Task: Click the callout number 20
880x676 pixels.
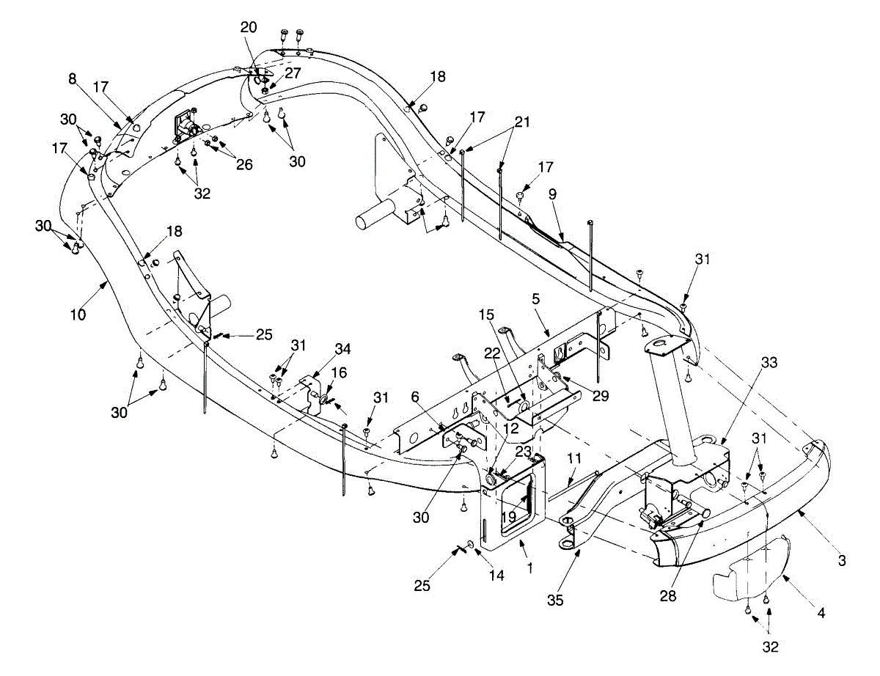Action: (249, 27)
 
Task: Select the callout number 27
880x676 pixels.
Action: (293, 73)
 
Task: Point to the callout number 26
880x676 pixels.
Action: (243, 165)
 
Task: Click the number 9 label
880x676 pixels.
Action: (551, 195)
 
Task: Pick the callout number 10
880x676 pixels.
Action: (78, 315)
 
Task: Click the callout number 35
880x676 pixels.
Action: (556, 600)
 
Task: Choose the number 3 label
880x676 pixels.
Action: (842, 561)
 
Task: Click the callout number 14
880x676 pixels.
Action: (497, 576)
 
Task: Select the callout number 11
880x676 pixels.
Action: (573, 458)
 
